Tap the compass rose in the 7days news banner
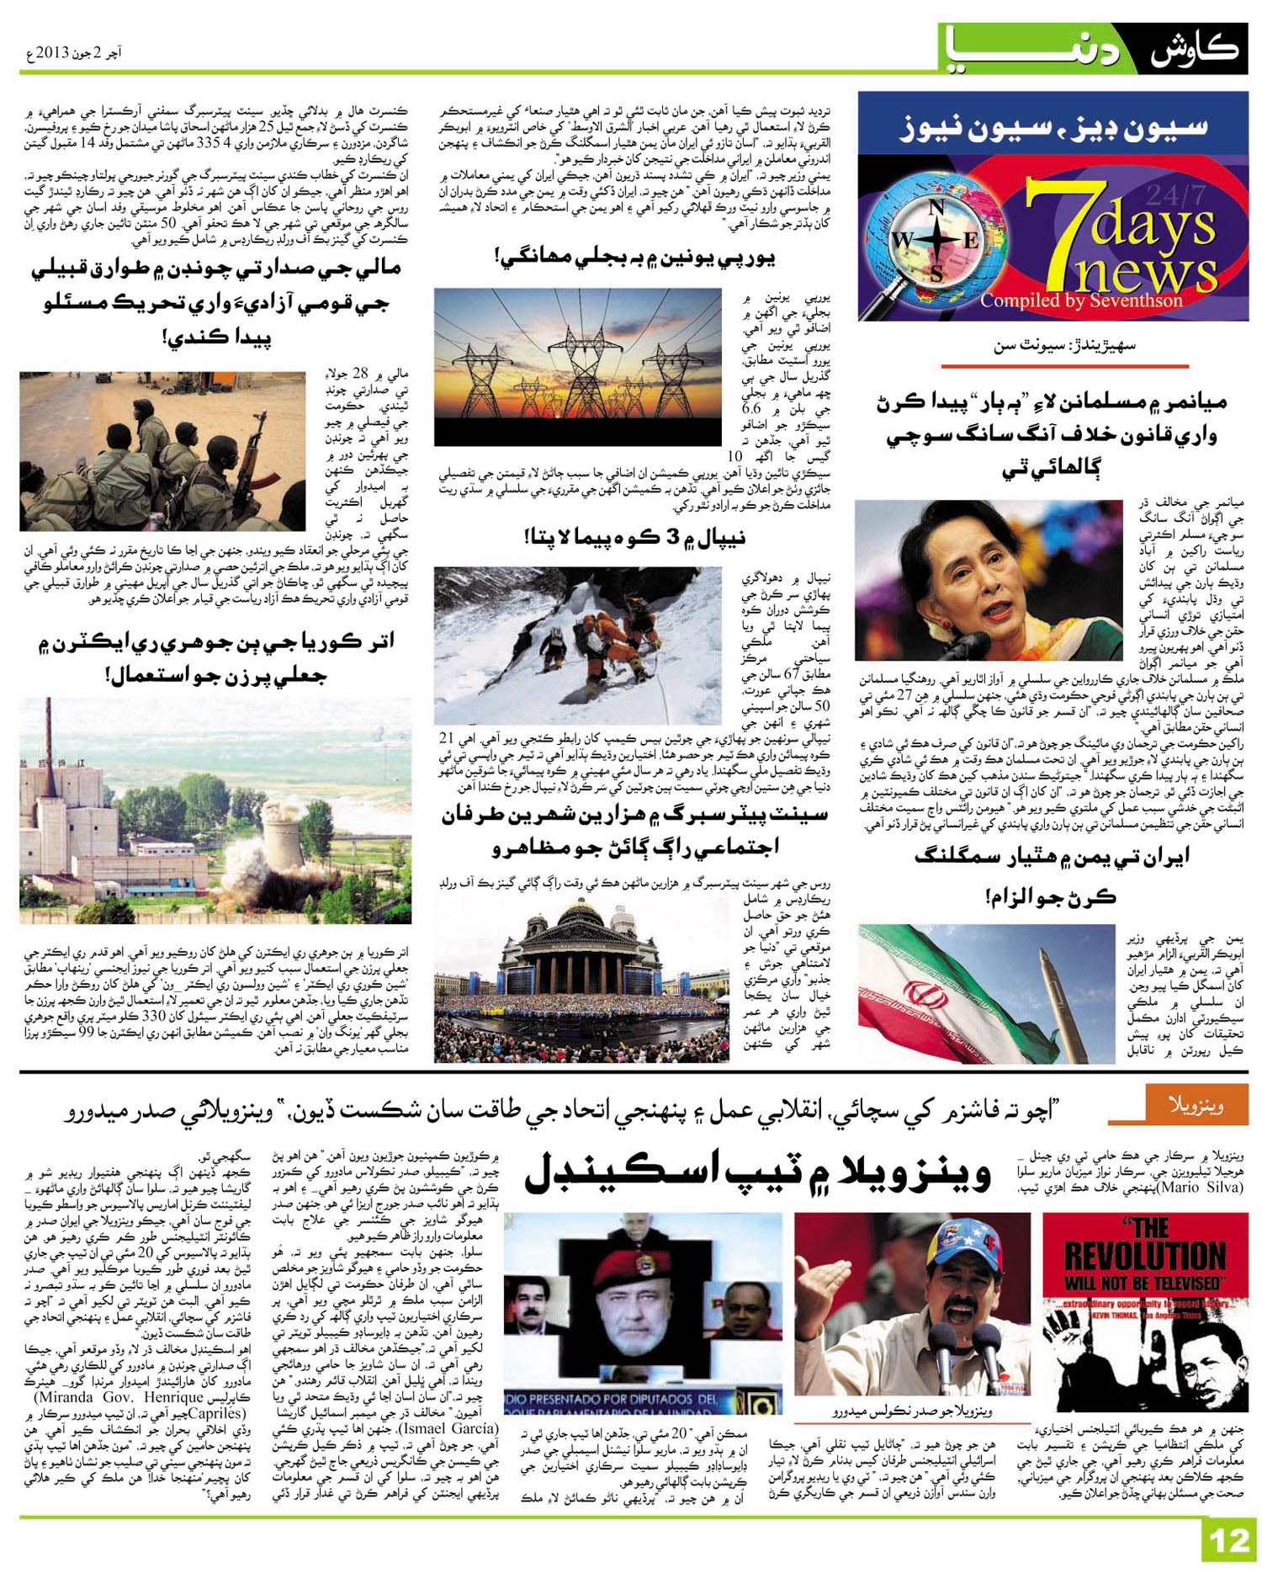935,240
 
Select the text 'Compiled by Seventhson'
1080,300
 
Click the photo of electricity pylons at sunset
578,366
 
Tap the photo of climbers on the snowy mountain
578,645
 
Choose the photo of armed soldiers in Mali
162,450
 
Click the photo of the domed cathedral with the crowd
581,980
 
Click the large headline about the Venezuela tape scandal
757,1173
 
